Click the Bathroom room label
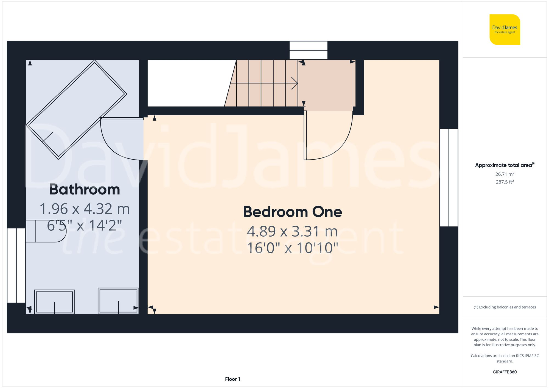pos(85,190)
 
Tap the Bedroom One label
pos(292,212)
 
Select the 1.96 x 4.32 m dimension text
pos(85,209)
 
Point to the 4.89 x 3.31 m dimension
pos(292,231)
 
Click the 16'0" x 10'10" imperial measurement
pos(292,248)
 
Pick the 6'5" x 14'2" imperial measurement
pos(85,226)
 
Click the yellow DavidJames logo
pos(505,30)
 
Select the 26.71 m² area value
pos(505,174)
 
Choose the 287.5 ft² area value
pos(505,182)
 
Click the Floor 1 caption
pos(233,379)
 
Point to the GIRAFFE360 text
pos(505,372)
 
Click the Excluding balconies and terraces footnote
pos(505,307)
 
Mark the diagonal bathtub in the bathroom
pos(76,109)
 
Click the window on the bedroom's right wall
pos(449,178)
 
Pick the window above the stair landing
pos(309,50)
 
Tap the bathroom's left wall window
pos(16,265)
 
